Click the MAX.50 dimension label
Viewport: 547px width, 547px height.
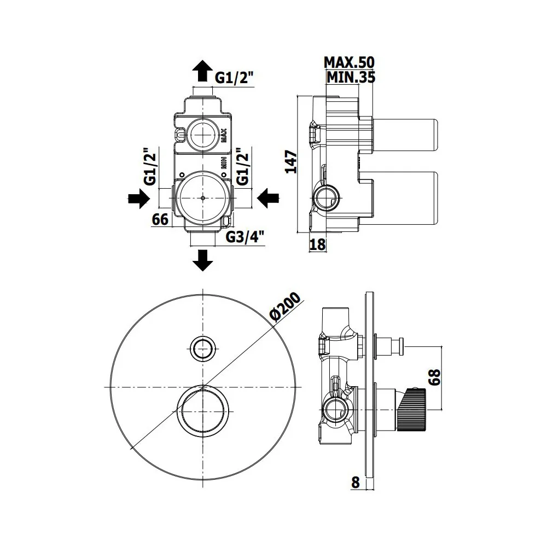pyautogui.click(x=349, y=63)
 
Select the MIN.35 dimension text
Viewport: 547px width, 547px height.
pyautogui.click(x=351, y=77)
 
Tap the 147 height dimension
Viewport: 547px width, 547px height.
pyautogui.click(x=292, y=162)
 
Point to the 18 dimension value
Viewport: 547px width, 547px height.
pyautogui.click(x=317, y=245)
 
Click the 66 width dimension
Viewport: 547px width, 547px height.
pyautogui.click(x=160, y=219)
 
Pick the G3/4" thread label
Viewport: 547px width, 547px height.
pyautogui.click(x=245, y=237)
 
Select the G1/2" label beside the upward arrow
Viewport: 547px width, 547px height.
pyautogui.click(x=234, y=78)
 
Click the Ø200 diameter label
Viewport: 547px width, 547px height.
pyautogui.click(x=286, y=307)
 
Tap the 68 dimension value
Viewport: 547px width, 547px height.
pyautogui.click(x=435, y=378)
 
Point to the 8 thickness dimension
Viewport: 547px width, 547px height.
pyautogui.click(x=355, y=483)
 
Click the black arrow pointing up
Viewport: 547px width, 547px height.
pyautogui.click(x=203, y=71)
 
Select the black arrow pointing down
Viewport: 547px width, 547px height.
pyautogui.click(x=203, y=260)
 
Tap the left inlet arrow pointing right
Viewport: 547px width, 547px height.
pyautogui.click(x=139, y=199)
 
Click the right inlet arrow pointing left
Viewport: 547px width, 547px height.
pyautogui.click(x=268, y=199)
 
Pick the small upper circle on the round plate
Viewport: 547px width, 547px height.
pyautogui.click(x=203, y=348)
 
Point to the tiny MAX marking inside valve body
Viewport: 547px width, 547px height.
pyautogui.click(x=224, y=136)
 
